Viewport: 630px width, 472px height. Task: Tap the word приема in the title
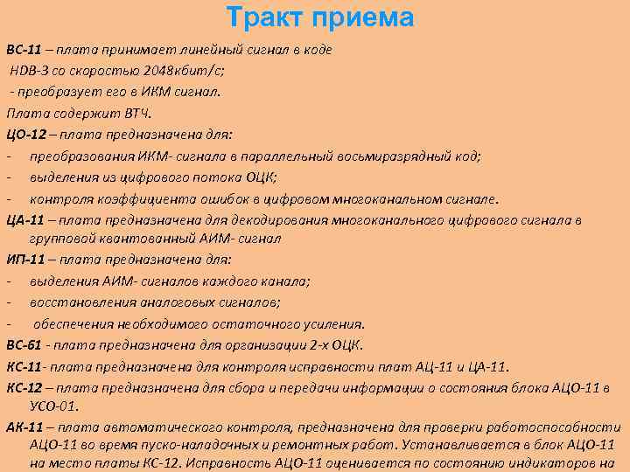pyautogui.click(x=364, y=17)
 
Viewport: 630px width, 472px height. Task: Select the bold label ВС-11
pyautogui.click(x=24, y=50)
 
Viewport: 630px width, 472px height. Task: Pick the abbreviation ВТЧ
pyautogui.click(x=137, y=113)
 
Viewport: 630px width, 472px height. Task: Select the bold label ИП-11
pyautogui.click(x=25, y=260)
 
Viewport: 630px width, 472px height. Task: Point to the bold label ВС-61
pyautogui.click(x=24, y=344)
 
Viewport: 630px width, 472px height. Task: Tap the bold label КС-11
pyautogui.click(x=24, y=365)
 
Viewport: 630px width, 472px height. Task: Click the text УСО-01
pyautogui.click(x=54, y=406)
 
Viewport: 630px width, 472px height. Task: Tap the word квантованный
pyautogui.click(x=136, y=238)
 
